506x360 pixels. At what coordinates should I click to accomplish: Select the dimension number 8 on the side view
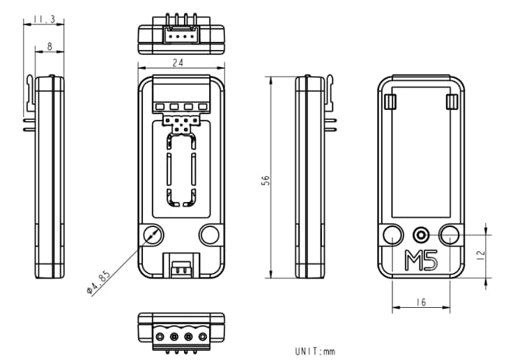(x=49, y=46)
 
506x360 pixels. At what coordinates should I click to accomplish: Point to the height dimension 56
(x=266, y=180)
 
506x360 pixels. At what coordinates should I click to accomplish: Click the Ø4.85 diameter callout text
(x=98, y=281)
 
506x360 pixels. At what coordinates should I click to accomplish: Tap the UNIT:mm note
(x=315, y=351)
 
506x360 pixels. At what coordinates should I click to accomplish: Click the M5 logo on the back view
(x=421, y=260)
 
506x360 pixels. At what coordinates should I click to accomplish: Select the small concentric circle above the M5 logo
(x=421, y=234)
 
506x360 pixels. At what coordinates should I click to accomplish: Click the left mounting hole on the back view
(x=392, y=235)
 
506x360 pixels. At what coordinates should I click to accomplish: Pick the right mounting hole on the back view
(x=450, y=235)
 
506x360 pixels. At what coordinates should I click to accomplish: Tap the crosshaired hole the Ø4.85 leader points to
(x=152, y=235)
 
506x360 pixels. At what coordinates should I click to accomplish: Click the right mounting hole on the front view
(x=209, y=235)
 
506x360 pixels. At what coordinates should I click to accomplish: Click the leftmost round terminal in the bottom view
(x=162, y=337)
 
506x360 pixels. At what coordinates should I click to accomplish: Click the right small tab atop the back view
(x=452, y=103)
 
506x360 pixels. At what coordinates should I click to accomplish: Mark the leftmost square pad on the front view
(x=160, y=107)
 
